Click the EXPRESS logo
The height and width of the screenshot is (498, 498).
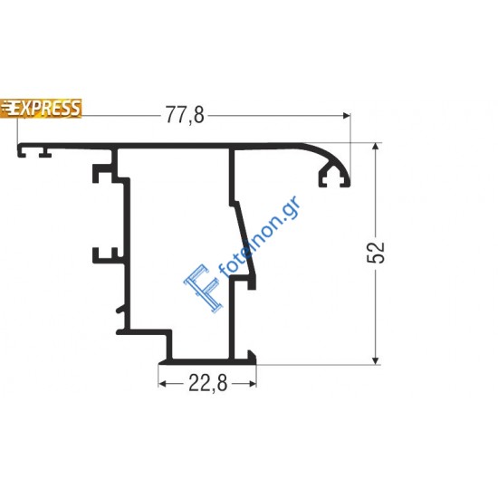(x=42, y=108)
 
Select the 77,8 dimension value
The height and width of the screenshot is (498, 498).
(x=185, y=114)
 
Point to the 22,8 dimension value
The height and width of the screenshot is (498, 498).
(x=207, y=383)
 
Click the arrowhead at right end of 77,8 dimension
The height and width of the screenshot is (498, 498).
(x=345, y=114)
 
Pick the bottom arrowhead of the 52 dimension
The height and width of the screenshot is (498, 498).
(x=375, y=359)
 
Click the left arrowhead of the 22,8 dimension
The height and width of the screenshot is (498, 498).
(x=164, y=383)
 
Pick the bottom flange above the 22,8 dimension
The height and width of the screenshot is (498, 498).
(x=208, y=360)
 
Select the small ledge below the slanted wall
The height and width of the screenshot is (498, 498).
(x=245, y=283)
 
